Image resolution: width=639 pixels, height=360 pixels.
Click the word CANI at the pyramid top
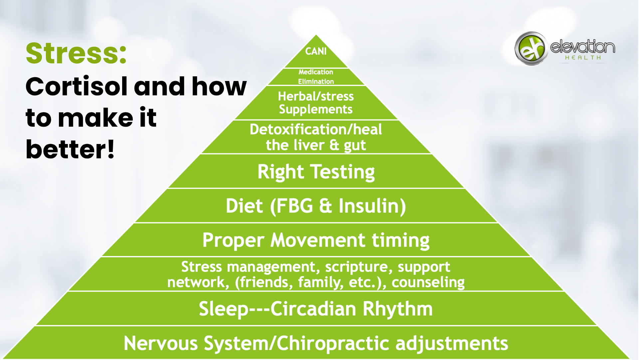(316, 51)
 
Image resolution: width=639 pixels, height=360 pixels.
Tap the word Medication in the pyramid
(316, 72)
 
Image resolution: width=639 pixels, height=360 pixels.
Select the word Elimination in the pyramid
(316, 81)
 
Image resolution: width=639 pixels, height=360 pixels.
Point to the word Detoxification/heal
(316, 129)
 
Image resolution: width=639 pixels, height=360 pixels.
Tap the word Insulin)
(372, 206)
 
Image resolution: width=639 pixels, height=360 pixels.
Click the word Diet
(244, 206)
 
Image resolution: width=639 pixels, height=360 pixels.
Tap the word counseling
(428, 282)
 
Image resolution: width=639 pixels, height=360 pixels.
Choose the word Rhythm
(398, 309)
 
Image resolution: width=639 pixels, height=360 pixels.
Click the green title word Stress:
(76, 53)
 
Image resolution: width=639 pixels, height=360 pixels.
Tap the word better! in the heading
(70, 149)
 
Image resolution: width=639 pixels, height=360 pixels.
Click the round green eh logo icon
(531, 48)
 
